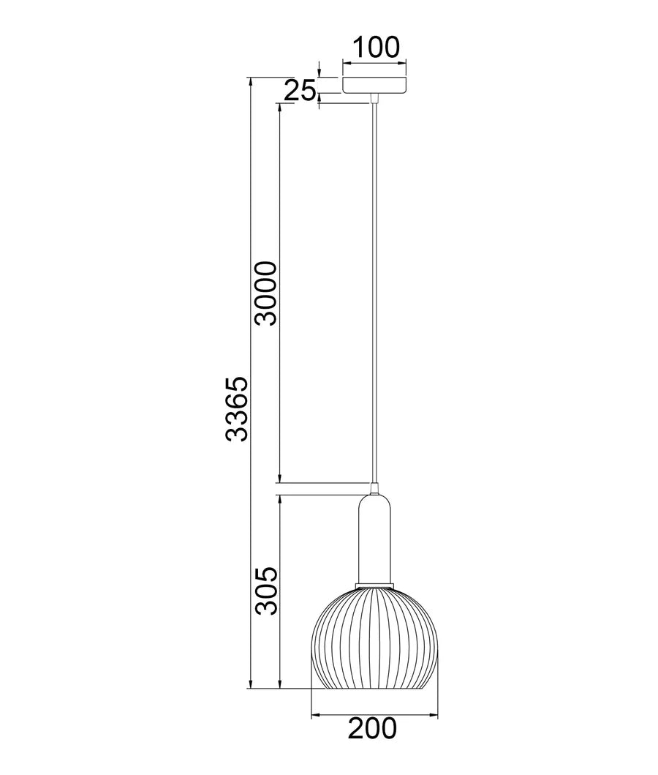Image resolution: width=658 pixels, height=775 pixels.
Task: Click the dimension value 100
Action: click(376, 47)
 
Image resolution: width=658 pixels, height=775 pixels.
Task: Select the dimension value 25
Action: click(300, 91)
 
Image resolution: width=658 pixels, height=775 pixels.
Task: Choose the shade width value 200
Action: click(372, 729)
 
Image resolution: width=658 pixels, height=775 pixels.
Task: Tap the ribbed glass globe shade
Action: click(374, 637)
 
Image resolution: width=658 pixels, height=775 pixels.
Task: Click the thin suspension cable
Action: click(374, 293)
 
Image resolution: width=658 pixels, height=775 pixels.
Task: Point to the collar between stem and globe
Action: click(374, 583)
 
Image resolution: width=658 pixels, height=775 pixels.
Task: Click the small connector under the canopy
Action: click(374, 97)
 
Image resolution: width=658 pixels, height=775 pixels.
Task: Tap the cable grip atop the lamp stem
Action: click(374, 488)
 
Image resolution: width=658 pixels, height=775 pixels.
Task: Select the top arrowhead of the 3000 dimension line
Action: click(279, 107)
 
